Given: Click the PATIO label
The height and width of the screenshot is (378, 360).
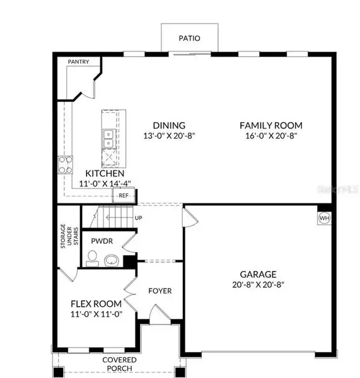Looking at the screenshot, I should coord(189,38).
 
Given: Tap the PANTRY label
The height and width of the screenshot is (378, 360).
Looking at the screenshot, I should coord(79,62).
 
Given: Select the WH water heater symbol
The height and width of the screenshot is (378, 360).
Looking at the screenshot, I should coord(324,218).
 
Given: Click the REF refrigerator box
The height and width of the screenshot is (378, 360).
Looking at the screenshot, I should coord(124,195).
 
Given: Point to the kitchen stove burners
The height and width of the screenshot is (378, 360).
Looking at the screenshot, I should coord(65,164).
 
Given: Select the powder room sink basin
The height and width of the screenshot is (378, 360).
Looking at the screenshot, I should coord(112,260).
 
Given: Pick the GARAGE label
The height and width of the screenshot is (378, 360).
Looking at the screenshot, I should coord(258,274).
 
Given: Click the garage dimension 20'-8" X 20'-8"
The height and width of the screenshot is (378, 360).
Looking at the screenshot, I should coord(258,285).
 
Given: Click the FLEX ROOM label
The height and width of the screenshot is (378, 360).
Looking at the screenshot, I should coord(96,304).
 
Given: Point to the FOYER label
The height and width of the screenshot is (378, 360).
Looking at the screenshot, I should coord(160,291).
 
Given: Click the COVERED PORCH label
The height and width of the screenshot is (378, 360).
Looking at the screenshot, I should coord(119,365).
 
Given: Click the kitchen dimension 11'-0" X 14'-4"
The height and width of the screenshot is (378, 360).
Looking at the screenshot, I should coord(97,183).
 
